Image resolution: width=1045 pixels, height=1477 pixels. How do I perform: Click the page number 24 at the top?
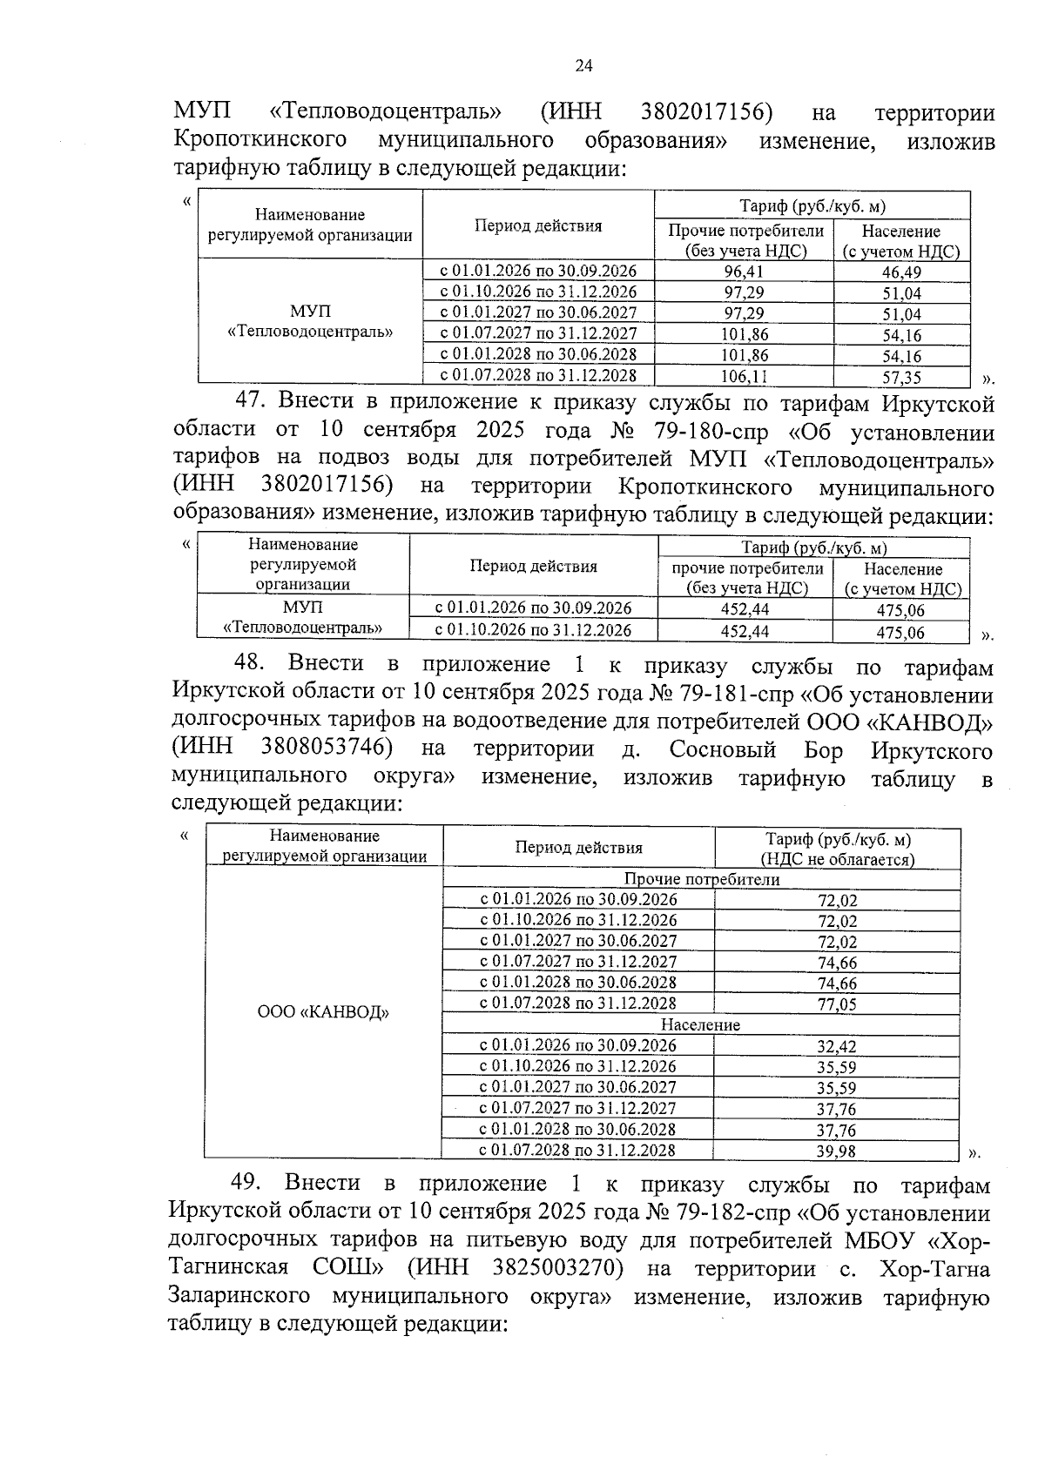[583, 66]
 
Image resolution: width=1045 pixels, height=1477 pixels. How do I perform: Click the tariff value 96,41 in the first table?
[744, 272]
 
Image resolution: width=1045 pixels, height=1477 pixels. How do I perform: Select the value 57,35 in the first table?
[901, 377]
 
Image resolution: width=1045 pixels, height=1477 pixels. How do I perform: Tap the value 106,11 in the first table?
[745, 377]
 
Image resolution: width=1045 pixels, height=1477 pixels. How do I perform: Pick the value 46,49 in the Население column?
[901, 272]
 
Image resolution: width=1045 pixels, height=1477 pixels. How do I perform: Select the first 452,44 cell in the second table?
[745, 608]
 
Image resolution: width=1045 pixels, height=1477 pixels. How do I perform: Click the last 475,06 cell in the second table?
[900, 633]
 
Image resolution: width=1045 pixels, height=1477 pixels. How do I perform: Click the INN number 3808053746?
[325, 748]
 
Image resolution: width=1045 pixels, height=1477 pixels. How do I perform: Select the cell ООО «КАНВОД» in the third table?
[323, 1012]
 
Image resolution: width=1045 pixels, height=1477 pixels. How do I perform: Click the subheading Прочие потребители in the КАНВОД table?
[702, 879]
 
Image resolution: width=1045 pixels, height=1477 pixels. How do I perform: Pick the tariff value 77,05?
[837, 1004]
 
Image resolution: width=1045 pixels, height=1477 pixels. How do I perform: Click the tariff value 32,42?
[837, 1046]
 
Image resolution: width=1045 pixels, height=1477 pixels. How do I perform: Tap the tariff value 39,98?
[837, 1151]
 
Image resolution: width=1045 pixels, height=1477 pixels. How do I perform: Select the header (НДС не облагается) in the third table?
[837, 860]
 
